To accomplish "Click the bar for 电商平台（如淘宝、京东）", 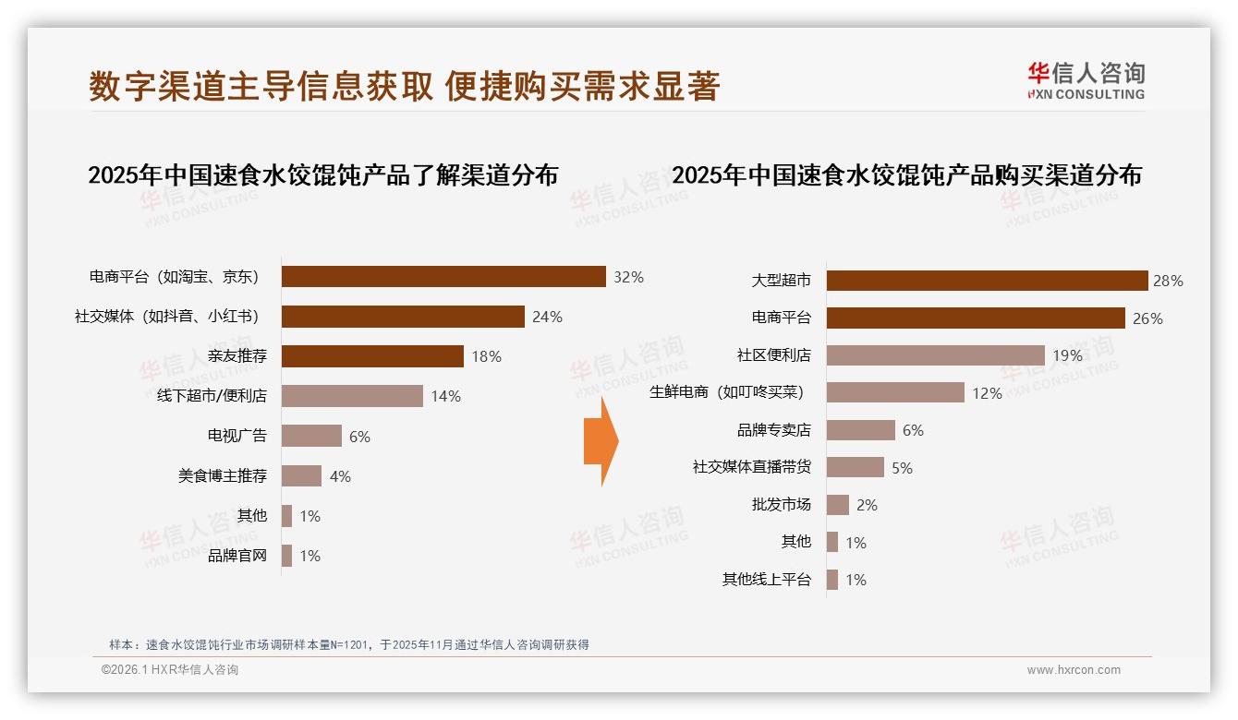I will tap(443, 277).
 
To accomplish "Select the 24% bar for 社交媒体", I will tap(403, 317).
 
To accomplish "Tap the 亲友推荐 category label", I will tap(237, 356).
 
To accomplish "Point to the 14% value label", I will tap(445, 396).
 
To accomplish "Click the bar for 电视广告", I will tap(311, 436).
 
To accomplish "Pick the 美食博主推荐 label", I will tap(223, 476).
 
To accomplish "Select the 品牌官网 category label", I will tap(237, 556).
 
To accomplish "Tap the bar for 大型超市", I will tap(987, 281).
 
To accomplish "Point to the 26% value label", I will tap(1147, 318).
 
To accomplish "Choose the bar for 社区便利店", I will tap(935, 355).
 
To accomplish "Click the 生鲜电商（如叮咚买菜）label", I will tap(727, 392).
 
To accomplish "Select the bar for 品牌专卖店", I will tap(861, 430).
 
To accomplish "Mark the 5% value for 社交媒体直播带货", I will tap(902, 468).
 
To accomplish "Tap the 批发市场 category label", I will tap(782, 505).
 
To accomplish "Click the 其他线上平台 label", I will tap(767, 580).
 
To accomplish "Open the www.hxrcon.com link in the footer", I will tap(1074, 670).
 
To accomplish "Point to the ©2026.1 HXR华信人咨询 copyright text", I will tap(170, 670).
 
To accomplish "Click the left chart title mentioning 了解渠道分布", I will tap(322, 175).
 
